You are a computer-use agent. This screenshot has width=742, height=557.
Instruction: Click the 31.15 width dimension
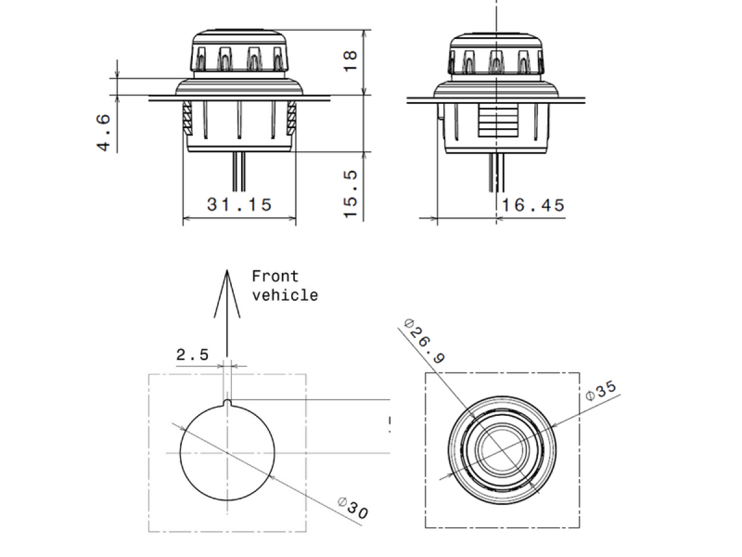(239, 205)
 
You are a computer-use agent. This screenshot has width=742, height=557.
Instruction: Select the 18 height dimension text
(350, 61)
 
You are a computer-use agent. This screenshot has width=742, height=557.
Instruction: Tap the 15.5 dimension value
(350, 194)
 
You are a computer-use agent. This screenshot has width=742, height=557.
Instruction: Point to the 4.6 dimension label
(104, 132)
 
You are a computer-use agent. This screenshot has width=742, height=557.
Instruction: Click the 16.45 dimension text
(533, 205)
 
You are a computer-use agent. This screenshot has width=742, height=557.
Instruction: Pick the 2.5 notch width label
(192, 355)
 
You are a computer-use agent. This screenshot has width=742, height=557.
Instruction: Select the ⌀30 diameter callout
(353, 508)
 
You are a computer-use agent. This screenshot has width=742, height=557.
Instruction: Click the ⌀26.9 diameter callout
(425, 341)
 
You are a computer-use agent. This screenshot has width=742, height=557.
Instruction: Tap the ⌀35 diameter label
(601, 391)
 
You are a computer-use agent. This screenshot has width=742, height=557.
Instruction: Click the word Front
(275, 276)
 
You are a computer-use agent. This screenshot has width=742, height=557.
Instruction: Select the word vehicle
(285, 295)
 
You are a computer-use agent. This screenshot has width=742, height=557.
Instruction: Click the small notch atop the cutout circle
(228, 402)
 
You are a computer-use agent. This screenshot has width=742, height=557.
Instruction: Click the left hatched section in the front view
(187, 118)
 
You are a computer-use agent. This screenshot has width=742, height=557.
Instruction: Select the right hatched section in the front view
(291, 118)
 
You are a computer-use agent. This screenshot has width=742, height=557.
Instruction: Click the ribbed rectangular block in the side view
(498, 121)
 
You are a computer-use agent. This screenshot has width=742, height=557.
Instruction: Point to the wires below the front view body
(239, 171)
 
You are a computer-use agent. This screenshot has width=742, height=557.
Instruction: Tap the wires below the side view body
(497, 173)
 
